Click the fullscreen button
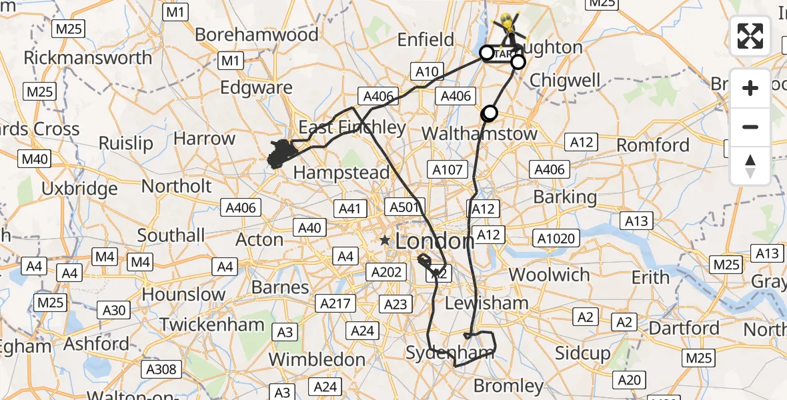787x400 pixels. (x=750, y=36)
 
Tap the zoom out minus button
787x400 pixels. (x=750, y=127)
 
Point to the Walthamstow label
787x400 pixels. (x=480, y=133)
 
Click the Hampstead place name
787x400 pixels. (x=341, y=172)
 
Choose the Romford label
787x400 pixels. (x=653, y=145)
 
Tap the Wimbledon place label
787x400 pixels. (x=317, y=359)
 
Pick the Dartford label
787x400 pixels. (x=684, y=328)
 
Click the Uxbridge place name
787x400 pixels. (x=79, y=189)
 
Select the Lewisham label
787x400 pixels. (x=486, y=303)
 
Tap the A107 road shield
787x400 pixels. (x=448, y=170)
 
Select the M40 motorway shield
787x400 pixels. (x=35, y=159)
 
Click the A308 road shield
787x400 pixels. (x=161, y=369)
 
